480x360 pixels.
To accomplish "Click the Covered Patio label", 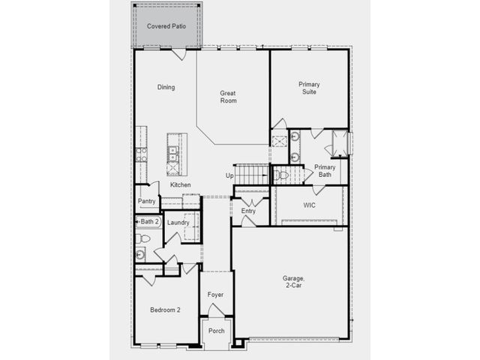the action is (166, 26).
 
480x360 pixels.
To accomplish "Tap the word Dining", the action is (166, 87).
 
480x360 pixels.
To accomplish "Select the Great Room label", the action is (228, 97).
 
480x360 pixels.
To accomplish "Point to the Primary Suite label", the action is (309, 88).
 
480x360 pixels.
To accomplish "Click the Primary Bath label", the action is (325, 171).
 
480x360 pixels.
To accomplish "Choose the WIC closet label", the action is (309, 205).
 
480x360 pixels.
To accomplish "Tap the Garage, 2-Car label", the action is (293, 282).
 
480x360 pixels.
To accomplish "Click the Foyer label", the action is (215, 295).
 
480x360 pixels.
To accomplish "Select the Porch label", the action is (217, 331).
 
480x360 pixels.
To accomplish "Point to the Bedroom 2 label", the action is (165, 310).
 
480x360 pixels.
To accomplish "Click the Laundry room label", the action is (178, 223).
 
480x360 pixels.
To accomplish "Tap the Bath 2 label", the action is (150, 221).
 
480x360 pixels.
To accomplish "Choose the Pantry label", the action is (147, 201).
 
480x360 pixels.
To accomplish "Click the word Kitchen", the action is (181, 184).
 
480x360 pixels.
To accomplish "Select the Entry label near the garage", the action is (248, 211).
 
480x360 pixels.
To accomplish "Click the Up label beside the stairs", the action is (229, 175).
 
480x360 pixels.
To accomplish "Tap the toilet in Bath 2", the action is (142, 238).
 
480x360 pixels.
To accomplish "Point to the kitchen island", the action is (177, 154).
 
